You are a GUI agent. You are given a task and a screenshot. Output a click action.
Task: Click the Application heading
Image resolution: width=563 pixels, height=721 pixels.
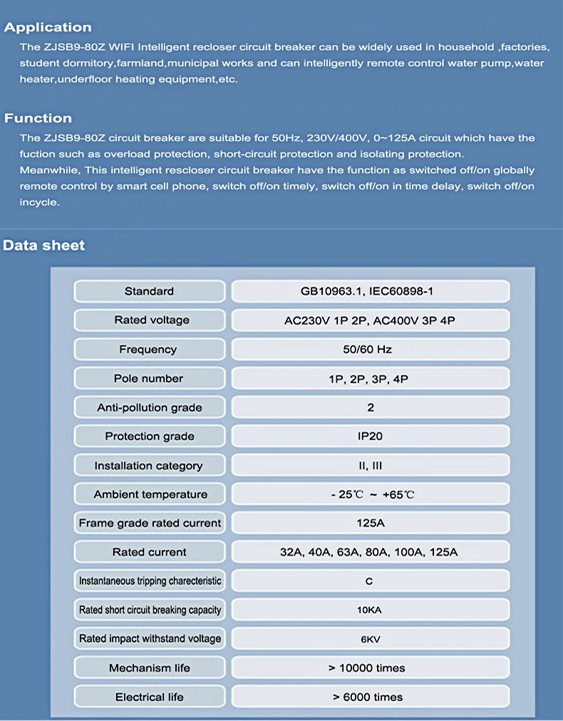[48, 28]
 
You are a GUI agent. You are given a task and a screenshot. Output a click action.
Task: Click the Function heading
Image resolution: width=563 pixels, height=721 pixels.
[38, 118]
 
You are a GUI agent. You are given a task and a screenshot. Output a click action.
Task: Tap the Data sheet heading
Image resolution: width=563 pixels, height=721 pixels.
[44, 245]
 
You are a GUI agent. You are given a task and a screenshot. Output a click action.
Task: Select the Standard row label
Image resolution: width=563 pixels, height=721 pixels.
[149, 291]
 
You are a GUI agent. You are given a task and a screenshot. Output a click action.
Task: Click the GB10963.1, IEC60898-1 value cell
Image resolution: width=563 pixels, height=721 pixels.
[370, 291]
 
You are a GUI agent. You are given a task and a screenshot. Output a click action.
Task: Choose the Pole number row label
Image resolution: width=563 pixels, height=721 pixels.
[148, 379]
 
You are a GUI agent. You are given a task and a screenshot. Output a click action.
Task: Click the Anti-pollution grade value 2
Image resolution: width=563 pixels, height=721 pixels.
[371, 408]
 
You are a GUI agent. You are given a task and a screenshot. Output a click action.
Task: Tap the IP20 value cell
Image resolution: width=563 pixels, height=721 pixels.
[370, 436]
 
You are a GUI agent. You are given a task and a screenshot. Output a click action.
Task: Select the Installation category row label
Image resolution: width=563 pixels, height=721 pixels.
[148, 466]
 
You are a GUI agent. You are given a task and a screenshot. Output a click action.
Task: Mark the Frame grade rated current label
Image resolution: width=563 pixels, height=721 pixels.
[150, 523]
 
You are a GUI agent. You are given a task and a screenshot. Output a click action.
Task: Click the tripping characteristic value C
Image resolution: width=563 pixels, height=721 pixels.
[369, 581]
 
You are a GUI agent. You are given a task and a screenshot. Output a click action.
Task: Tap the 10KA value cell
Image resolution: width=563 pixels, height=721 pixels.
[370, 610]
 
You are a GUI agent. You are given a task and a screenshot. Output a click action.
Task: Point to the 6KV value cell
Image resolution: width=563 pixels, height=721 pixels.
[370, 639]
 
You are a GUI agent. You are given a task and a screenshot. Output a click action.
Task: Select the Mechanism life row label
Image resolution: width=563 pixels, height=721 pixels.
[150, 668]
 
